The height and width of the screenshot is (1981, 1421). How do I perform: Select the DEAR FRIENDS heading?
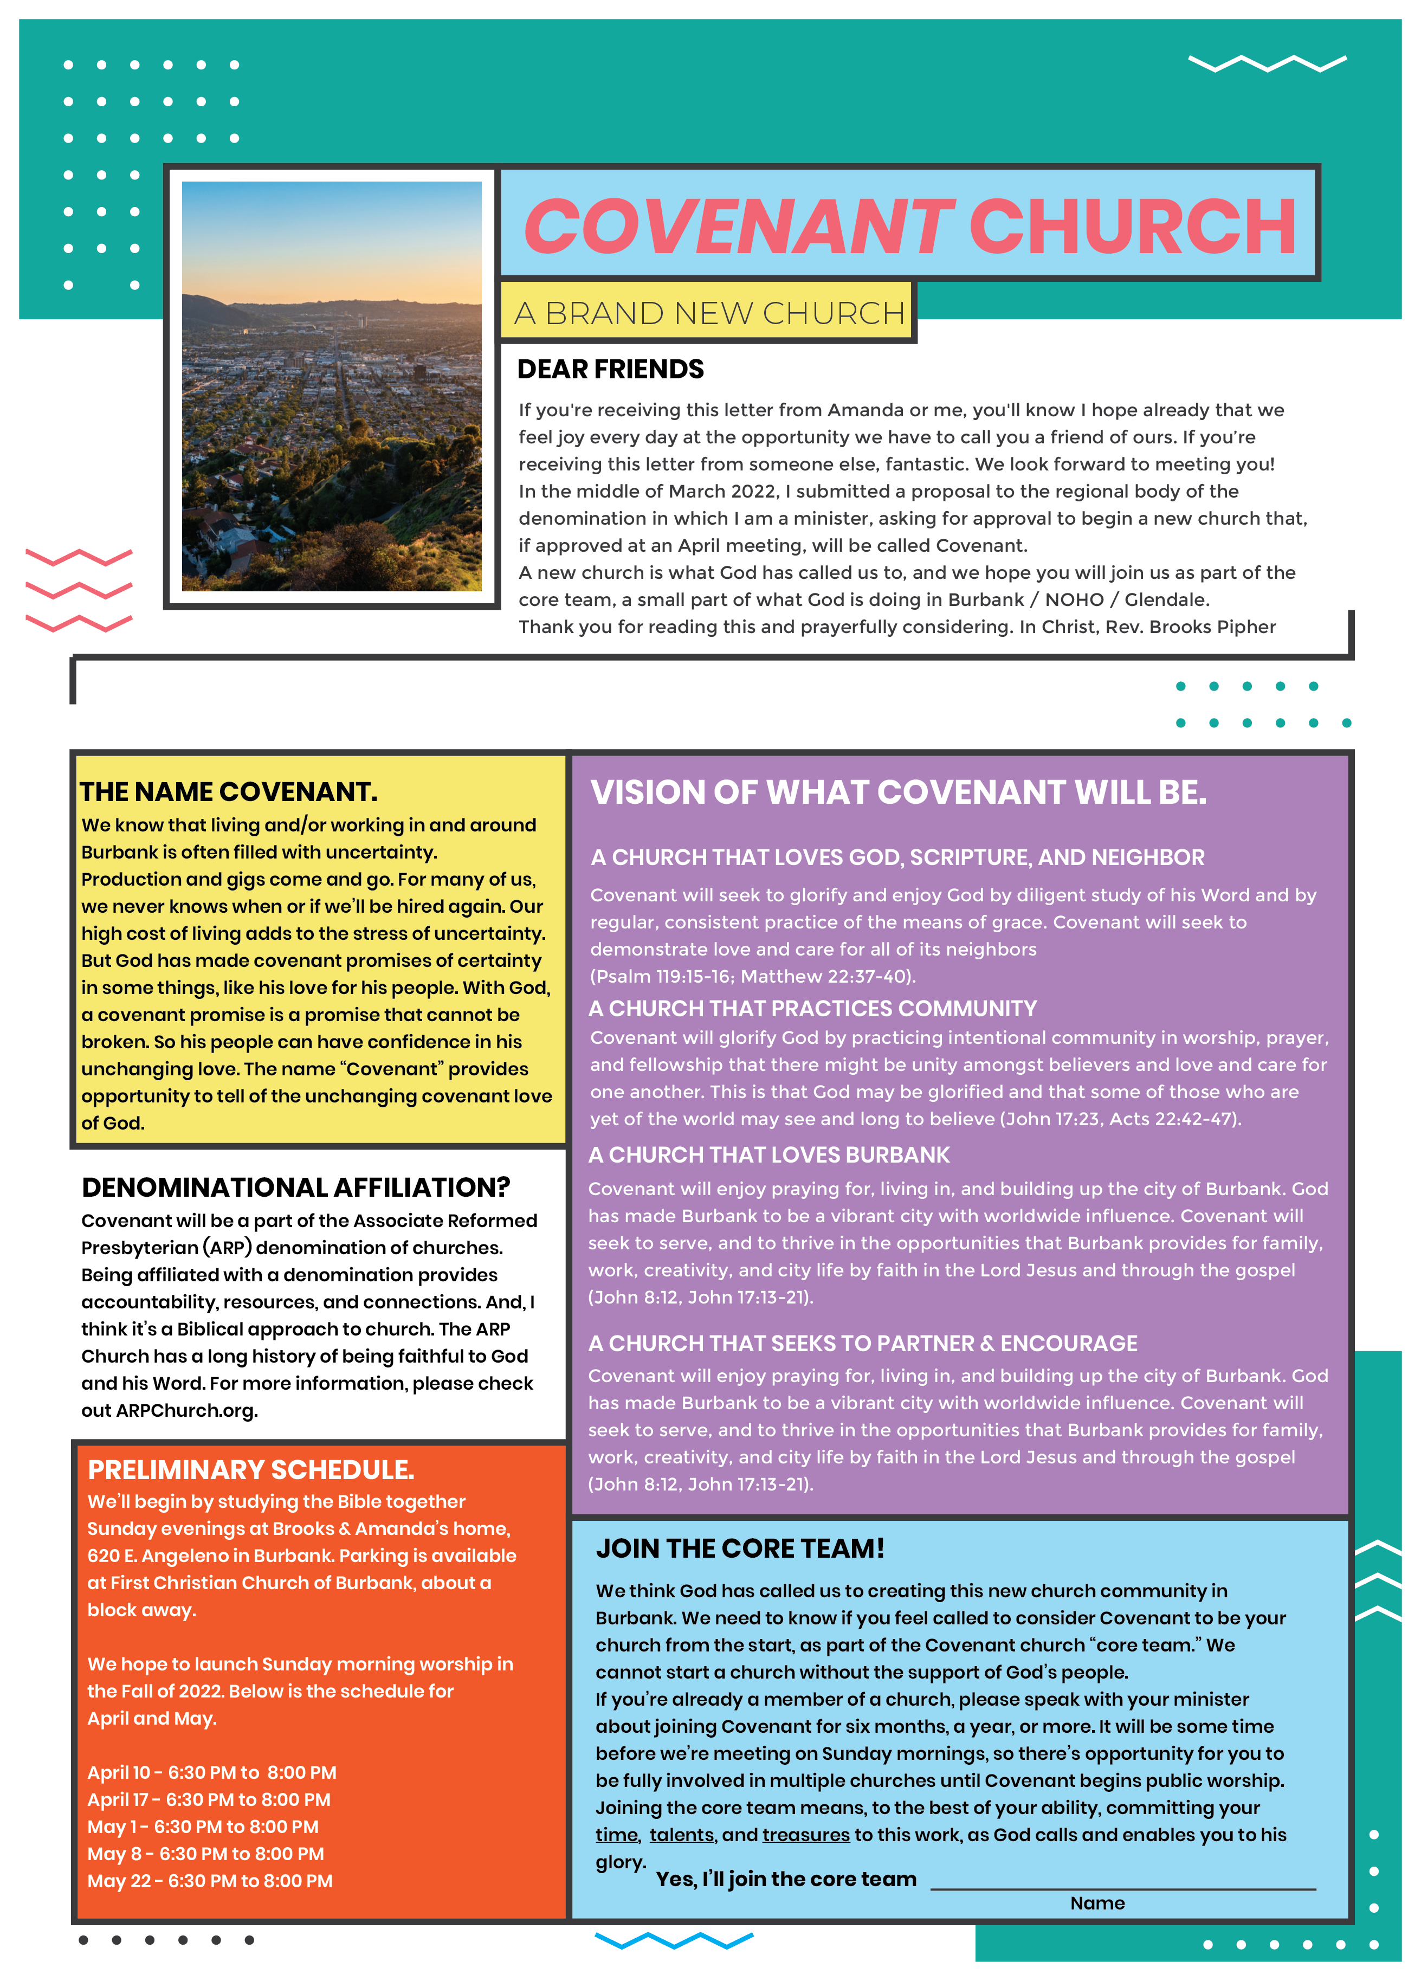pos(610,370)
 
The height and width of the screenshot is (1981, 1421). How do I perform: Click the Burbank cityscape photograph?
pos(331,385)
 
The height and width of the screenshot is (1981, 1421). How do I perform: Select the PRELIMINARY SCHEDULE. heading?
pos(251,1469)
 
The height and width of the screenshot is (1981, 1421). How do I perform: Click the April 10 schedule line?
pos(211,1772)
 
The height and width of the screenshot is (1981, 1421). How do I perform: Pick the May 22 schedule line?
pos(210,1881)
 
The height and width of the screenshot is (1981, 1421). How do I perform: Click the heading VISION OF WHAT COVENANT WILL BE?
pos(898,792)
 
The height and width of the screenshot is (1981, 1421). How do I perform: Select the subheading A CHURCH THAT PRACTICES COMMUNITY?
pos(812,1009)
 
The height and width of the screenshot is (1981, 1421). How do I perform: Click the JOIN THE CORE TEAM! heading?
pos(740,1548)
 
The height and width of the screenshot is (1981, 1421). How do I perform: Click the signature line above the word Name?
pos(1122,1888)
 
